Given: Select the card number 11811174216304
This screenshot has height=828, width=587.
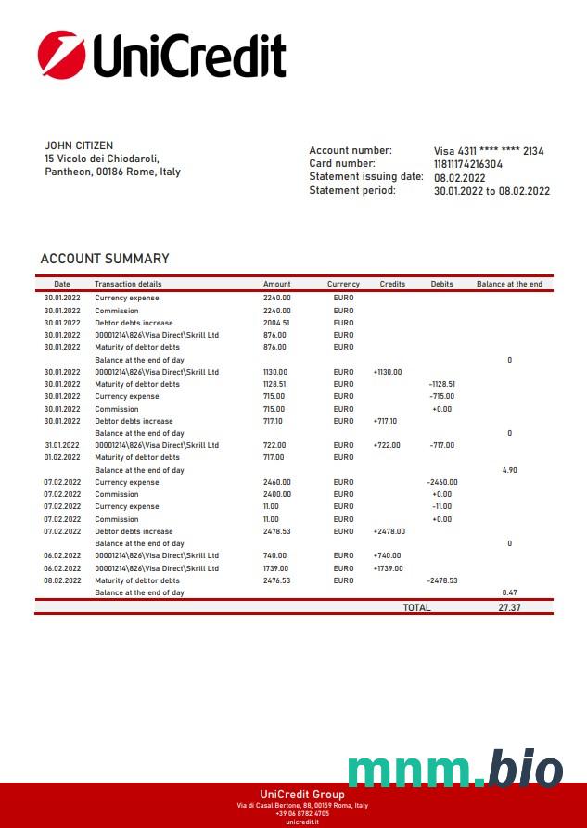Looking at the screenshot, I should [x=468, y=164].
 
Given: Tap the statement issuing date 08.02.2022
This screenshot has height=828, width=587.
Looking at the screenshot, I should [x=460, y=177].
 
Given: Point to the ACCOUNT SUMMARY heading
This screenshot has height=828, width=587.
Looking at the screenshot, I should [x=105, y=259].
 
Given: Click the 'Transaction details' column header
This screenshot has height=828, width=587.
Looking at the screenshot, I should [x=128, y=284].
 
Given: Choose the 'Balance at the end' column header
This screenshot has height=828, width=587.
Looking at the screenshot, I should [x=509, y=284].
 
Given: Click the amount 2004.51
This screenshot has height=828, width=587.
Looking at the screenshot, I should [x=276, y=323].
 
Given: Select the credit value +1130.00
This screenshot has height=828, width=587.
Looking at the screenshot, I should [x=388, y=372].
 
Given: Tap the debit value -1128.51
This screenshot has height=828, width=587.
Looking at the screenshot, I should [x=441, y=384].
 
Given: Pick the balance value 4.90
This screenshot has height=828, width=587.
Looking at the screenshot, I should [x=509, y=470].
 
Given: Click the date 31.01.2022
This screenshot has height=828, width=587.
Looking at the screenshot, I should [x=62, y=445].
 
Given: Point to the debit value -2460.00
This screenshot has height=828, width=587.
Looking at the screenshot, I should [x=441, y=482].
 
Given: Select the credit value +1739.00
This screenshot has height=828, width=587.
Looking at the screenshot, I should [x=388, y=568].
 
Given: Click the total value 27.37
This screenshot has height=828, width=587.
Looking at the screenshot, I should [x=509, y=607].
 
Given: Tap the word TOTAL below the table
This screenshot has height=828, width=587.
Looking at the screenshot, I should [x=416, y=607].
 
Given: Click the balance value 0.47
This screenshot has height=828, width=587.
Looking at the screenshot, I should [x=509, y=592].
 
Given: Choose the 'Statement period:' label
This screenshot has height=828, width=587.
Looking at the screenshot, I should [x=352, y=190].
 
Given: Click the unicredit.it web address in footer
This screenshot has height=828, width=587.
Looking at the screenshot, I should [x=301, y=822].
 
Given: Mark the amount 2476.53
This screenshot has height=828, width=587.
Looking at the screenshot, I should [x=276, y=580].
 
